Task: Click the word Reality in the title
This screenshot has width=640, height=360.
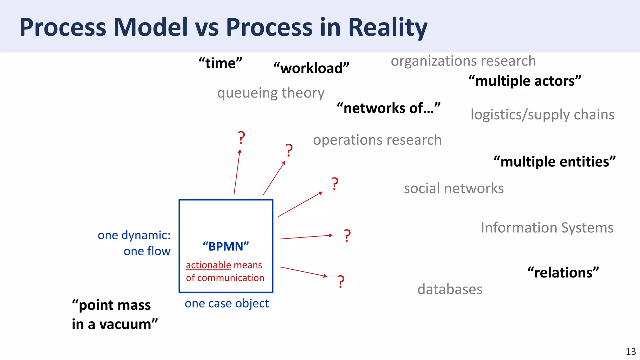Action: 387,27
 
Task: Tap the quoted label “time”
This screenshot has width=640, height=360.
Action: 221,63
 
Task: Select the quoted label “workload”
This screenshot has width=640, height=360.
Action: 311,68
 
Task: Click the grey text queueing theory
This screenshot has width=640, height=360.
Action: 271,93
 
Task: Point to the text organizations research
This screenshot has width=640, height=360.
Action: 463,61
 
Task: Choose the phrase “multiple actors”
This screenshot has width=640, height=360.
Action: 525,81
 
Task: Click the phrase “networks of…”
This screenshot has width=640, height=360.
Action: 388,108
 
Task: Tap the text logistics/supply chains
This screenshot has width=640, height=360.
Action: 542,115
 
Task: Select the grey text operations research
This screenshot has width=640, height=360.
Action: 377,140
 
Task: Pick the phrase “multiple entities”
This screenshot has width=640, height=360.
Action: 554,162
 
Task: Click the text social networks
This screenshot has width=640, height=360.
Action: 453,188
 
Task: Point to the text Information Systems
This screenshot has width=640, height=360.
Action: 547,227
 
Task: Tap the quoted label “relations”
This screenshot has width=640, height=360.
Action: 563,272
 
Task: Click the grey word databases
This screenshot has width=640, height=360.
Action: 450,289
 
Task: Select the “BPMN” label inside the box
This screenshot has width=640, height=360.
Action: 226,247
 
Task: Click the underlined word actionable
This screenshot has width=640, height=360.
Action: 208,265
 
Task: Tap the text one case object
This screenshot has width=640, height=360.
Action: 227,303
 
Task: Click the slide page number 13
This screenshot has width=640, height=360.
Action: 631,352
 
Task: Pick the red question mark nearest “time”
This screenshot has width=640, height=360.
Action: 241,138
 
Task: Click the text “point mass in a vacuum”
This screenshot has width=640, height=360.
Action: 114,314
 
